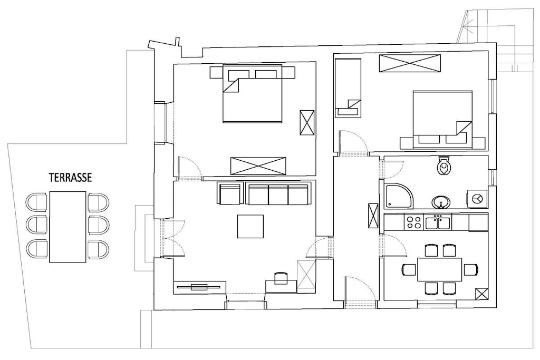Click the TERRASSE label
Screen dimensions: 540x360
(70, 178)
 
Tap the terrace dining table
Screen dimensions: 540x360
(67, 227)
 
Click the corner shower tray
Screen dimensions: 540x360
(399, 196)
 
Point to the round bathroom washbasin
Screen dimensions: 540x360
(441, 202)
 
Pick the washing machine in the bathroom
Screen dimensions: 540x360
(477, 199)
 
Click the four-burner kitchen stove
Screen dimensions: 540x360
(413, 222)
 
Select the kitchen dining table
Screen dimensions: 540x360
(439, 269)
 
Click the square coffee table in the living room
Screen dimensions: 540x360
(250, 227)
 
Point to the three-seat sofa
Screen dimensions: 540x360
(278, 194)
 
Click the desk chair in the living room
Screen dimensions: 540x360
(281, 278)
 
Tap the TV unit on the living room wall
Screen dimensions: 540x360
(200, 287)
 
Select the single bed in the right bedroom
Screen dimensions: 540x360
(348, 88)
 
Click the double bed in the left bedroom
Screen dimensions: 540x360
(253, 93)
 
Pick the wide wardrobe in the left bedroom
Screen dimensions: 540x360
(258, 166)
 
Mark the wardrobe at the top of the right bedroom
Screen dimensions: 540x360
(410, 63)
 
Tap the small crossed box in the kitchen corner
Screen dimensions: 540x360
(481, 294)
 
